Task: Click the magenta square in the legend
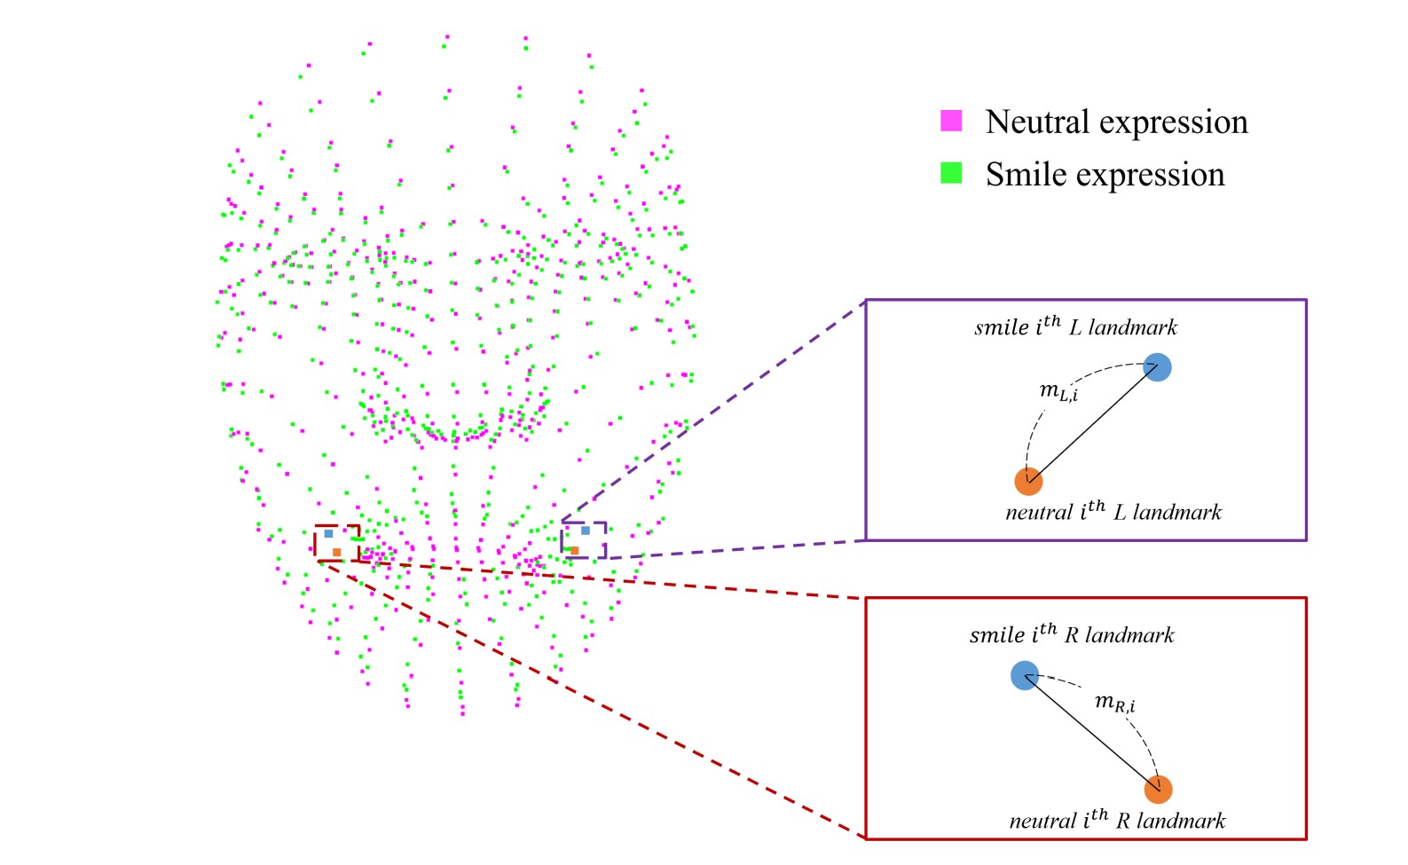(951, 121)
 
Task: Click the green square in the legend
(951, 173)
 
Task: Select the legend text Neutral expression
(1116, 122)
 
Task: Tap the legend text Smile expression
(1105, 174)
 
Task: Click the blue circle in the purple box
(1157, 366)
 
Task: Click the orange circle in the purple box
(1028, 481)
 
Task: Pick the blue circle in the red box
(1025, 675)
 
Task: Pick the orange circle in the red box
(1158, 789)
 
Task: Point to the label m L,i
(1058, 391)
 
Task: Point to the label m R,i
(1114, 704)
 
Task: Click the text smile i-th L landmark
(1075, 326)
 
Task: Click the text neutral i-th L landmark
(1113, 512)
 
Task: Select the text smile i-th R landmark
(1072, 634)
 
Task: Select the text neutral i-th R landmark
(1117, 820)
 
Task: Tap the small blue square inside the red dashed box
(328, 534)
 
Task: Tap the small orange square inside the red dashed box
(337, 552)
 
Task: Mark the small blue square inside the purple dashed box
(586, 531)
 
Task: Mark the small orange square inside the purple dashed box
(575, 551)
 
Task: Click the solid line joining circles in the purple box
(1093, 424)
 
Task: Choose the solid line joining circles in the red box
(1091, 732)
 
